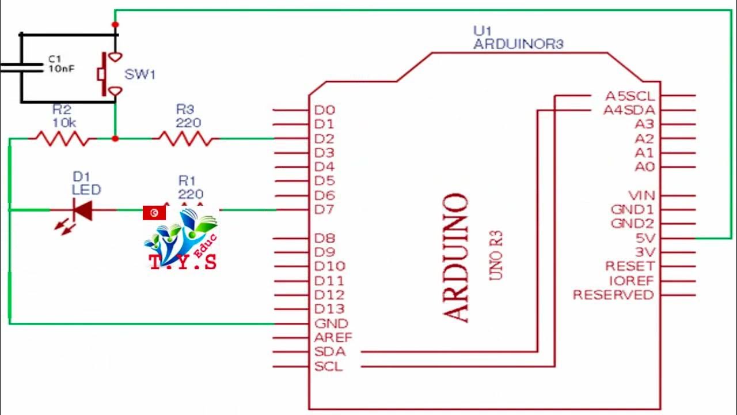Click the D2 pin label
tap(324, 138)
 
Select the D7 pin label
tap(324, 210)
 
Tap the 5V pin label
tap(644, 238)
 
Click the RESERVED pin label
tap(613, 295)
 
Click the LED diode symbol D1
tap(83, 210)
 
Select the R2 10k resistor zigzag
tap(62, 138)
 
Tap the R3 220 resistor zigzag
tap(185, 138)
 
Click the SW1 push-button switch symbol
tap(109, 74)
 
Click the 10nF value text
tap(61, 69)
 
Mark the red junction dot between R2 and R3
tap(115, 139)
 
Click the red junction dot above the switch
tap(115, 25)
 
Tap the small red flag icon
tap(154, 213)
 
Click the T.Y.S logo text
tap(183, 262)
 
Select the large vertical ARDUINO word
tap(456, 257)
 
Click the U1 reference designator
tap(483, 30)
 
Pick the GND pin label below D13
tap(331, 324)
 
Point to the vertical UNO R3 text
tap(496, 255)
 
